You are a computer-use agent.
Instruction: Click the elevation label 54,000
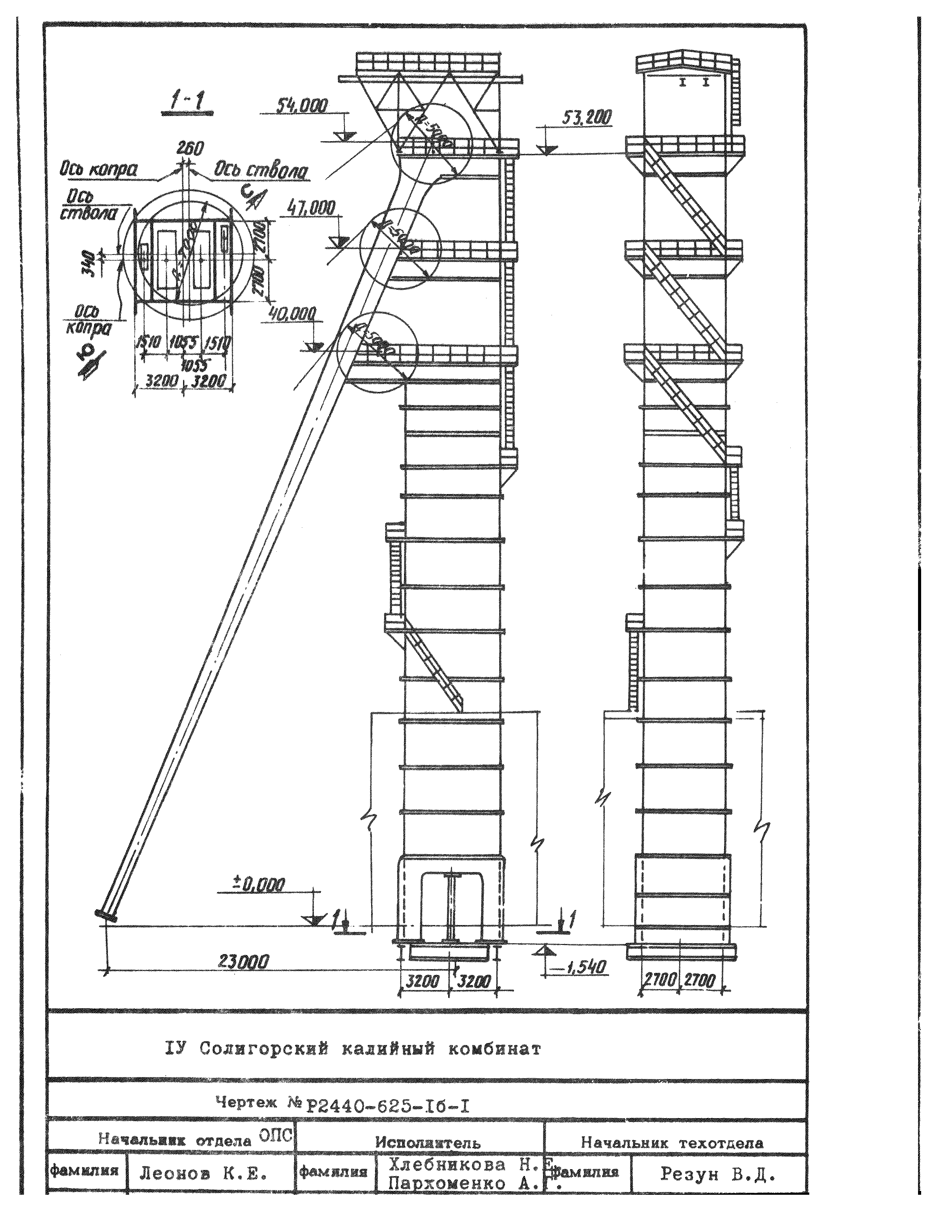click(302, 106)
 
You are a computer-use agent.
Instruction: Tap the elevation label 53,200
click(587, 118)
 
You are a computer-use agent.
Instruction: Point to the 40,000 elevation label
click(292, 315)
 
